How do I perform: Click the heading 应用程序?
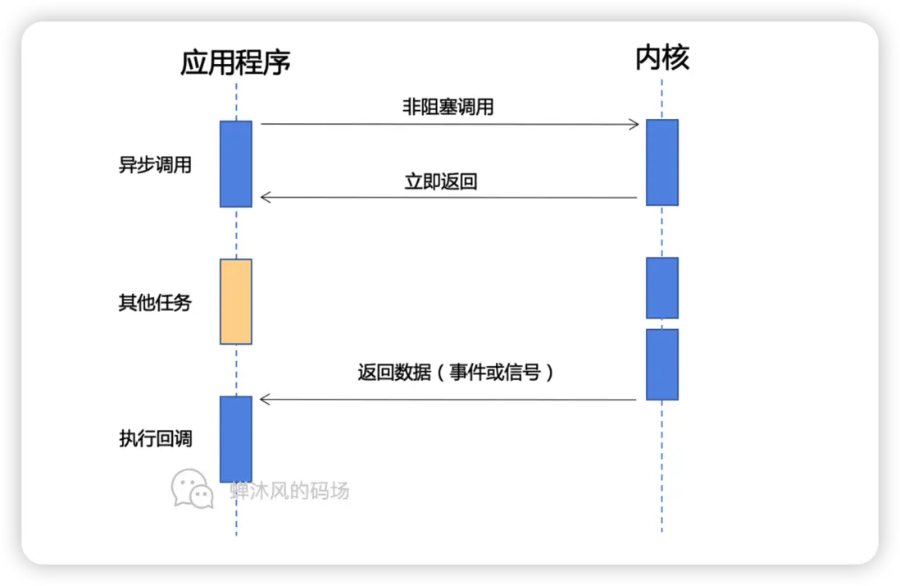[x=236, y=62]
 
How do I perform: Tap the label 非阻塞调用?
[x=448, y=107]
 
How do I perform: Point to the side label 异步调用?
[x=155, y=165]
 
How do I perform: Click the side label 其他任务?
[x=155, y=303]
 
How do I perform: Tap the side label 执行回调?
[x=156, y=438]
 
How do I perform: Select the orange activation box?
[x=236, y=301]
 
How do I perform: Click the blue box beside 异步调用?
[x=236, y=164]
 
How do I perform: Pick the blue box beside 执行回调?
[x=236, y=438]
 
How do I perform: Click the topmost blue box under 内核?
[x=662, y=163]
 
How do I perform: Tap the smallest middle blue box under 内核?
[x=662, y=287]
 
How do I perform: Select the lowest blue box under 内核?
[x=662, y=364]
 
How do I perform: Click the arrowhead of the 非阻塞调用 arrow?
[x=634, y=125]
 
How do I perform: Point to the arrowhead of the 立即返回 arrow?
[x=264, y=197]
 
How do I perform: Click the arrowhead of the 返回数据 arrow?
[x=264, y=399]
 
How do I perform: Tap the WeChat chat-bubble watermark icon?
[x=193, y=488]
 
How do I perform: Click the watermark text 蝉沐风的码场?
[x=289, y=491]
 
